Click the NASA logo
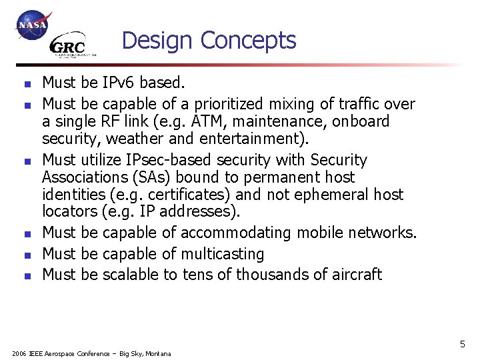(x=33, y=26)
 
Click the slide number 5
(x=462, y=345)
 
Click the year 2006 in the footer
(x=19, y=354)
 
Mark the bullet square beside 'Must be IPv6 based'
(x=25, y=85)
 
